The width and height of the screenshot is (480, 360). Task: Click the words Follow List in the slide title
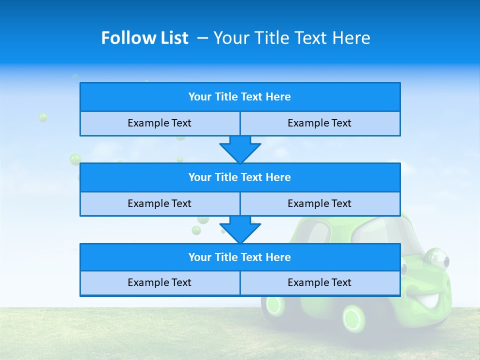(144, 38)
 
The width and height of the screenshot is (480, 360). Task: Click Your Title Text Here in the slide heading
(291, 38)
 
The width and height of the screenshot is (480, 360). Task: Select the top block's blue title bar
(240, 97)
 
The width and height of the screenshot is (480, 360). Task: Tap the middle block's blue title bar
(240, 177)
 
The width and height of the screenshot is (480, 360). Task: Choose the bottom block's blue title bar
(240, 257)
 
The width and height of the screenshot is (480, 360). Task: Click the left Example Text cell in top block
(159, 123)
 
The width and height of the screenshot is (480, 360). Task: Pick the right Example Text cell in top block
(319, 123)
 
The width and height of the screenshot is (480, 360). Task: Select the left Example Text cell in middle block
(159, 203)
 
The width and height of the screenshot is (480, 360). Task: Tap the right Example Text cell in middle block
(319, 203)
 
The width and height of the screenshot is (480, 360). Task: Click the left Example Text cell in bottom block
(159, 282)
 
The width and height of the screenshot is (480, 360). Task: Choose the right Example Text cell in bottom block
(319, 282)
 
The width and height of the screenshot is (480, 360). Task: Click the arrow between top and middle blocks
(240, 149)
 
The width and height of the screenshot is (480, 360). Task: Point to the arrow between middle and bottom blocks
(240, 229)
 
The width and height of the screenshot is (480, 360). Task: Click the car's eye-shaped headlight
(435, 258)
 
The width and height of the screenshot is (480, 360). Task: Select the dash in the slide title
(203, 38)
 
